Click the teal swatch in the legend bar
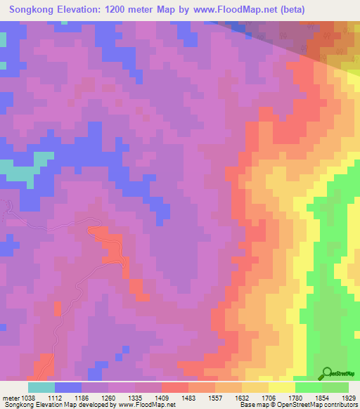click(x=41, y=387)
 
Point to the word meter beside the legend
click(x=12, y=398)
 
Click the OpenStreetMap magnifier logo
click(x=327, y=373)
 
